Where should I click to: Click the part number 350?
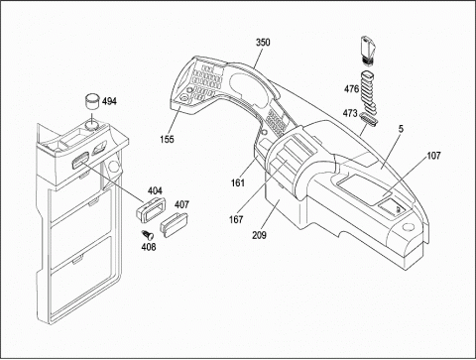(x=263, y=43)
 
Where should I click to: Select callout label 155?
(x=167, y=139)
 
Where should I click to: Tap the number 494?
(x=109, y=101)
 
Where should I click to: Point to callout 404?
(x=155, y=190)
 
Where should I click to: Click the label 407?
(x=181, y=205)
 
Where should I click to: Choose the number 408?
(x=149, y=247)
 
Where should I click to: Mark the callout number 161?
(x=238, y=182)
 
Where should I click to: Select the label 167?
(x=236, y=219)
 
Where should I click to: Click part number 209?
(x=260, y=235)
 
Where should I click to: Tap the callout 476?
(x=351, y=89)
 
